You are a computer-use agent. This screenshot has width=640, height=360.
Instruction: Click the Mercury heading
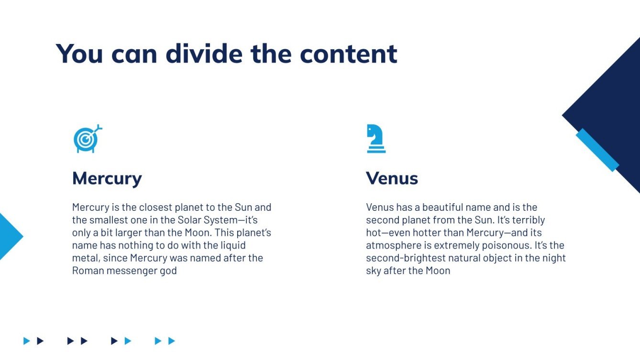click(x=107, y=179)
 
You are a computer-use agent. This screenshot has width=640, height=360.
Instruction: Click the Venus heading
click(x=392, y=179)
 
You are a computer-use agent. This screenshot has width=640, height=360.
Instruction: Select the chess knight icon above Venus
click(x=376, y=139)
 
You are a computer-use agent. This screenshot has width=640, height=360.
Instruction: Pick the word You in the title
click(x=79, y=53)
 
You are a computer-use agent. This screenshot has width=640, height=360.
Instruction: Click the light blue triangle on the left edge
click(x=9, y=236)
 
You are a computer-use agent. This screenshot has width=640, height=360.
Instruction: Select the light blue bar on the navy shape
click(x=597, y=150)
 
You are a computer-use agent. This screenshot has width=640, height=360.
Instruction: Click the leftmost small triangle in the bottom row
click(x=27, y=341)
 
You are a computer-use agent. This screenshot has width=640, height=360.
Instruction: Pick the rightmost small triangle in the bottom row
click(x=172, y=341)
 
